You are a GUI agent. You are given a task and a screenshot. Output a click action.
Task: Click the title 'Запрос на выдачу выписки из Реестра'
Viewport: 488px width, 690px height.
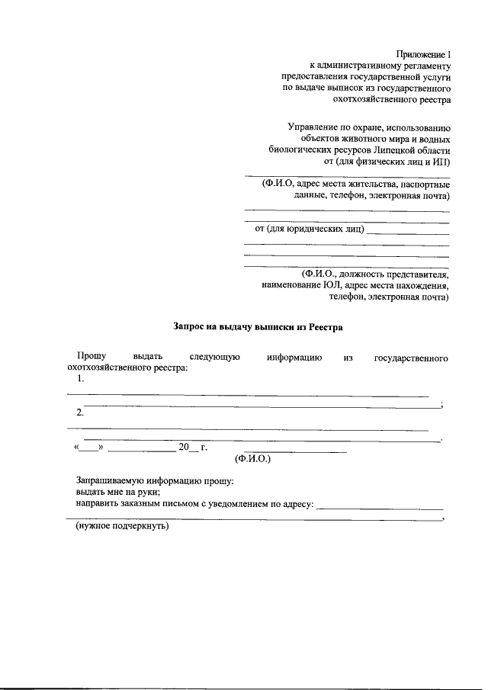(x=258, y=327)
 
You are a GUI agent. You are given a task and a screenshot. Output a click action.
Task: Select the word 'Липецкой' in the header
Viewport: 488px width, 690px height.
(x=381, y=150)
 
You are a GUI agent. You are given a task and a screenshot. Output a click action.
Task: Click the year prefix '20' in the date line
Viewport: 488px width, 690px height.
(x=183, y=448)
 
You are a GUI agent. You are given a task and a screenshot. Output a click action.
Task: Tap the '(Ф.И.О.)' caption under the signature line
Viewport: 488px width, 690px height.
(x=253, y=459)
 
